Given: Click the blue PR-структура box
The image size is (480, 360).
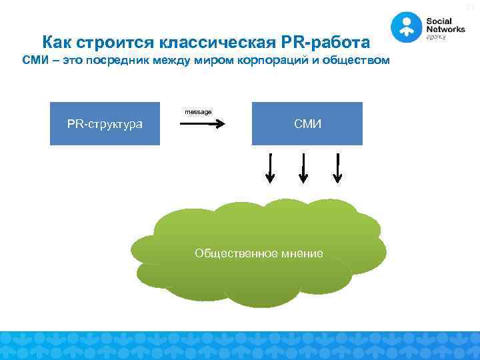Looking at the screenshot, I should (105, 123).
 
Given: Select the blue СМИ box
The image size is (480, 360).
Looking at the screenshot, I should (307, 123).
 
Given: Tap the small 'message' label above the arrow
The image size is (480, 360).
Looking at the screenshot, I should (198, 112).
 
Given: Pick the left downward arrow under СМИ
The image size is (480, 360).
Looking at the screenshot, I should (270, 168).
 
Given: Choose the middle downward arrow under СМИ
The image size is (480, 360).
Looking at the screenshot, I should (303, 168).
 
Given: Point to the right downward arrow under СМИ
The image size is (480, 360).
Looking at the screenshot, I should (337, 168).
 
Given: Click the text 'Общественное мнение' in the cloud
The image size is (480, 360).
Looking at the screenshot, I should (259, 253).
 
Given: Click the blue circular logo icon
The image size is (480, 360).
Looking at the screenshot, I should (406, 27).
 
